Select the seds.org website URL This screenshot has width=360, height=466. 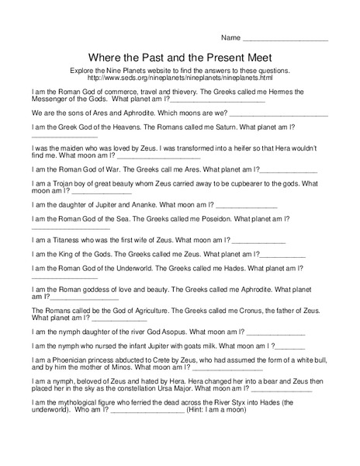pos(180,78)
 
